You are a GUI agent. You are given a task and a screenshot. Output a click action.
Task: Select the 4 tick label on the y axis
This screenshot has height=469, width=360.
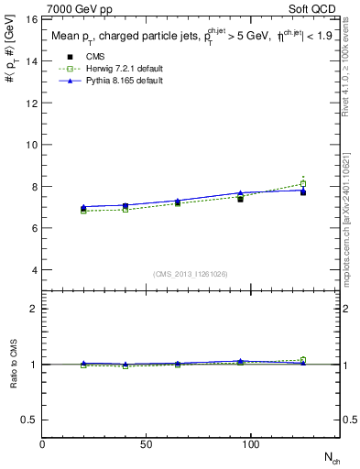pos(34,270)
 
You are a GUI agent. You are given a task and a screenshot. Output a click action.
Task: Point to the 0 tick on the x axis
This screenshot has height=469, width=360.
pos(42,444)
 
